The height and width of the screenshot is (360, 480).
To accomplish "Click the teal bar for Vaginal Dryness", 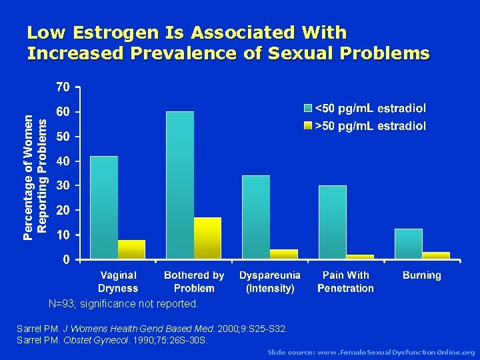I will [104, 207].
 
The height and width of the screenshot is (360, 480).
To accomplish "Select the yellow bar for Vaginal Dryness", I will [131, 249].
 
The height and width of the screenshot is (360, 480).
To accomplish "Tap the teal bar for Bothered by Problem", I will [180, 185].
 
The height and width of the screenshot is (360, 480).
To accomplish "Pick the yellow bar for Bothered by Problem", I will [207, 238].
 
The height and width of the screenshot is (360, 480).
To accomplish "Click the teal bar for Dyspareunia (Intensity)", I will [256, 217].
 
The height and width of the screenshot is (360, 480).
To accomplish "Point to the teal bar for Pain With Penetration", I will [333, 222].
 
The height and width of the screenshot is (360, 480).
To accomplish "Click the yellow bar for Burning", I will [436, 255].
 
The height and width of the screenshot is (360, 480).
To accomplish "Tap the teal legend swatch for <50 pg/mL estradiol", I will [307, 108].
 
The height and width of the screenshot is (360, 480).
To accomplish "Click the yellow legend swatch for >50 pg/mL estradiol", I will [307, 125].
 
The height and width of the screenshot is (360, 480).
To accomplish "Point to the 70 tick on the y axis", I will [63, 87].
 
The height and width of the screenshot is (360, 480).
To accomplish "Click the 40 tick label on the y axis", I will [63, 161].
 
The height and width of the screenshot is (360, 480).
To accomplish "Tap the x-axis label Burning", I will [421, 275].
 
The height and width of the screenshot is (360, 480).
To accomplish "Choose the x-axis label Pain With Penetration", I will [345, 281].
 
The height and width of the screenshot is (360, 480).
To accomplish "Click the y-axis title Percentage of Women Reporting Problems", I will [35, 173].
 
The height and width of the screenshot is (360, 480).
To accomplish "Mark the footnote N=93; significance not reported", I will [123, 304].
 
